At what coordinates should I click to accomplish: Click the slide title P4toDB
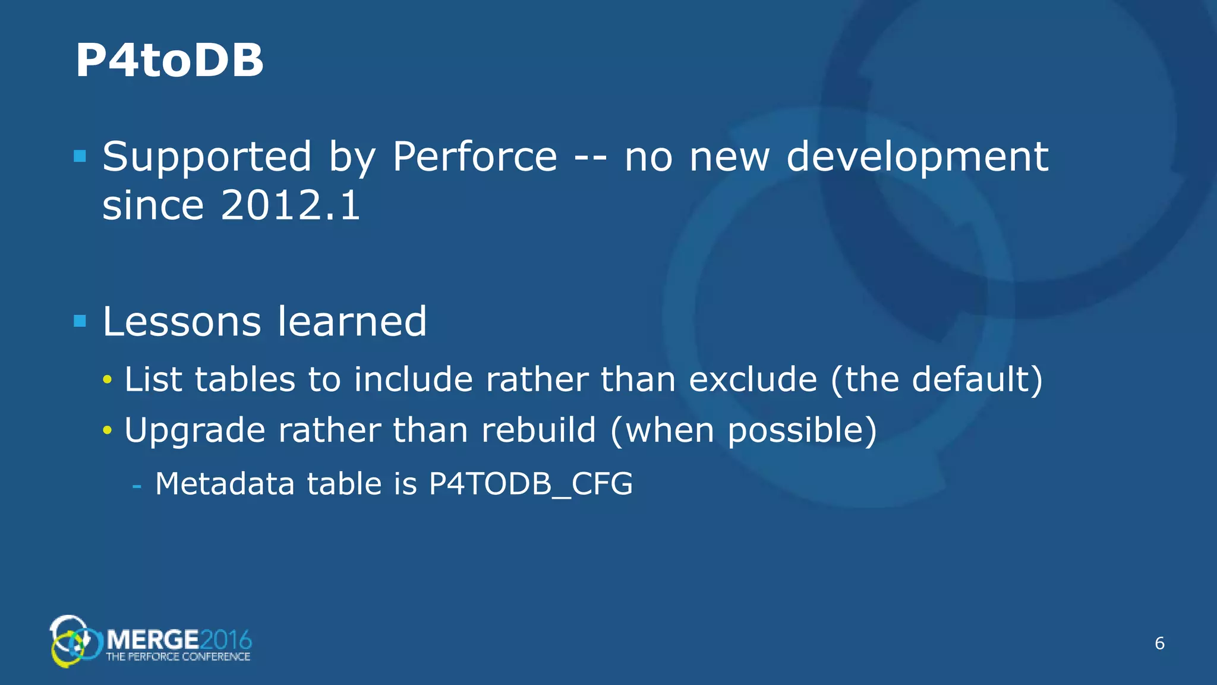169,61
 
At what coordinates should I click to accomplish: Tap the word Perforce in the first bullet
474,157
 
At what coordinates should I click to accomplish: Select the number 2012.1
290,206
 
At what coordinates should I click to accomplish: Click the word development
917,157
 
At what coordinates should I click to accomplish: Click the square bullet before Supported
80,156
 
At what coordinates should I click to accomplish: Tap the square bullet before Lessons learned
80,321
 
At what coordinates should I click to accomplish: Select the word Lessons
181,322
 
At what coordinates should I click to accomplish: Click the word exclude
752,379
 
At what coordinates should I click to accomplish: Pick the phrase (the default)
936,379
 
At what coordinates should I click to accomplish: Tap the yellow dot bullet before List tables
107,379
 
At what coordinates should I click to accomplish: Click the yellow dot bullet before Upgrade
107,430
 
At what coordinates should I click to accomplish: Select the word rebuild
538,430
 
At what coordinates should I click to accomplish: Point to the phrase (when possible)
743,430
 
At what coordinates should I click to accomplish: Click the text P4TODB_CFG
530,483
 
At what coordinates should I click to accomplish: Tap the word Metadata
225,483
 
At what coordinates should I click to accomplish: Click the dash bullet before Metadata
137,486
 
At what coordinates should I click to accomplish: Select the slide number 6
1159,643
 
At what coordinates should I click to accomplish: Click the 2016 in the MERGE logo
226,640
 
